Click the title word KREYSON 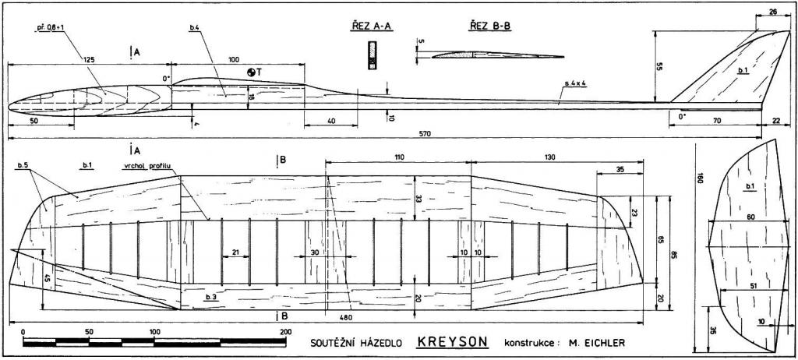coord(451,341)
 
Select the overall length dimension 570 coord(382,134)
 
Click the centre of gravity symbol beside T coord(251,72)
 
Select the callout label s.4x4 coord(576,82)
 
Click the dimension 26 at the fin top coord(772,12)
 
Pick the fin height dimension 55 coord(659,67)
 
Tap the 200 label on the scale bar coord(285,331)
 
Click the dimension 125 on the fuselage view coord(89,59)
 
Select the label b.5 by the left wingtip coord(22,166)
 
